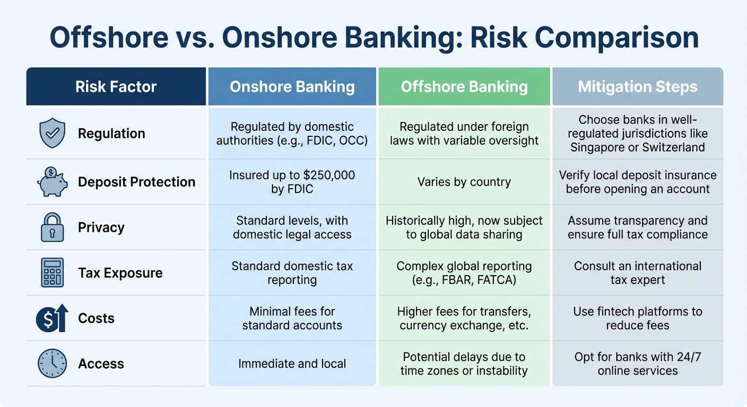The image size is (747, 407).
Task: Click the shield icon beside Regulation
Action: point(52,134)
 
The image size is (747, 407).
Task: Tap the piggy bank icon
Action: point(52,181)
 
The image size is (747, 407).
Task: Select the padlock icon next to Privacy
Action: point(52,227)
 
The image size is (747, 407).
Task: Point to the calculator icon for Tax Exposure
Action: point(52,273)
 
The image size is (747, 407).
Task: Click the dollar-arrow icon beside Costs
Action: point(52,318)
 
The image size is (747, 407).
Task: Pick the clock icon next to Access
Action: point(52,364)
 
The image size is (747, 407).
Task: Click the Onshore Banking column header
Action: point(292,87)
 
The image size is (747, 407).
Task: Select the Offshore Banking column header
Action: point(464,87)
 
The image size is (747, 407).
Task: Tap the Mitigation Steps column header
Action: point(637,87)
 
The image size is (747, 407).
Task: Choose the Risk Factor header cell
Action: point(116,87)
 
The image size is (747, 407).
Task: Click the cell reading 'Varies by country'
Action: point(464,182)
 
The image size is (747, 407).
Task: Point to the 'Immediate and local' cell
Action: point(292,364)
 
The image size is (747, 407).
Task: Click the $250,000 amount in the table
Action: point(329,175)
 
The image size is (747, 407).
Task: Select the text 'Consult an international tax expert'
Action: point(637,273)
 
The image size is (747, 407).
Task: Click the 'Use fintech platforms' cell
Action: point(637,318)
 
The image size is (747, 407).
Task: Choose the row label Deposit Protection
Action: point(136,182)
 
